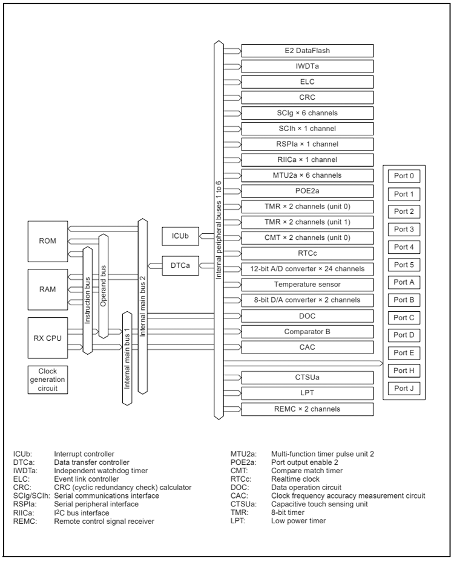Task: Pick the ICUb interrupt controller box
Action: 180,236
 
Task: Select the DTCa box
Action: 180,265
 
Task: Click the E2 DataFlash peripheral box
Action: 308,50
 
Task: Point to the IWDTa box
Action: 308,66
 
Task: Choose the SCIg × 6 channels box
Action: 308,113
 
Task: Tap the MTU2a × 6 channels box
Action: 308,175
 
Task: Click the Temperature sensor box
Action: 308,284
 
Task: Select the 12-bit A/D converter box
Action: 308,268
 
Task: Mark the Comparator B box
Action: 308,331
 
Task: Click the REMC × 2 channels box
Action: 308,409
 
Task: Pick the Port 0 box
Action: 404,176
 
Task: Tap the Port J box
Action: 404,389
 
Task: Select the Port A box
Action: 404,282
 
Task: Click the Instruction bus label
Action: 87,302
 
